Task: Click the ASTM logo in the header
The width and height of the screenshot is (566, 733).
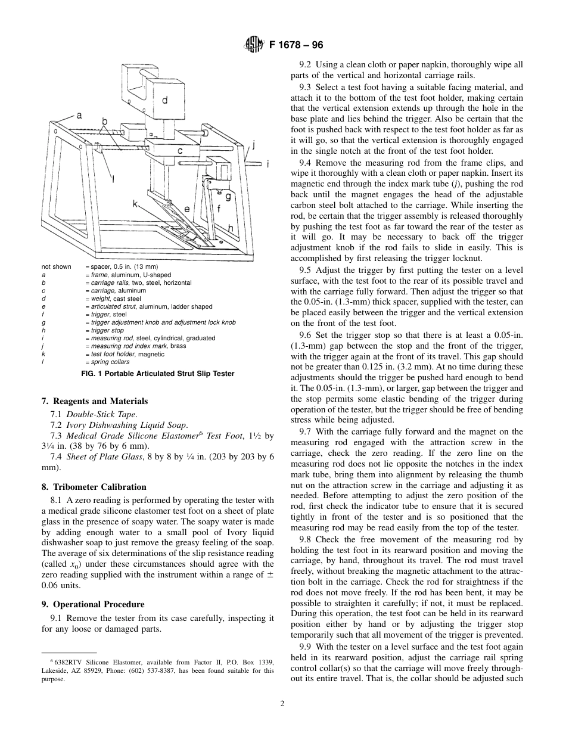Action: point(252,45)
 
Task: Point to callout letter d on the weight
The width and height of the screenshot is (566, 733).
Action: point(164,100)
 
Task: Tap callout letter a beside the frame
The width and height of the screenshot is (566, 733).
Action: point(79,115)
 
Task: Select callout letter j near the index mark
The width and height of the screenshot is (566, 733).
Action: point(253,144)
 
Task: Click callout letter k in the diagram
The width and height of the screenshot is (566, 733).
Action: point(135,204)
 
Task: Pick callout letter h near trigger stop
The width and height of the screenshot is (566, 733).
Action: point(230,228)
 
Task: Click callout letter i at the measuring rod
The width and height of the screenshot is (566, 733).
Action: point(268,163)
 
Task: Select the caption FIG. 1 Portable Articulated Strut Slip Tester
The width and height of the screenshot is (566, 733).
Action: point(157,374)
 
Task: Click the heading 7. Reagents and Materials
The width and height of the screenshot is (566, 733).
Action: point(95,401)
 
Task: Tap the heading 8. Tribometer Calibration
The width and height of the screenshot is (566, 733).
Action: point(94,487)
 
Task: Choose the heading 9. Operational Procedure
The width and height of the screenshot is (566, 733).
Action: point(93,604)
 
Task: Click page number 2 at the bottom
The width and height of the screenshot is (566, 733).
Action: point(282,703)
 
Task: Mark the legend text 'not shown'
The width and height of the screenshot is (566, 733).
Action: point(56,266)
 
